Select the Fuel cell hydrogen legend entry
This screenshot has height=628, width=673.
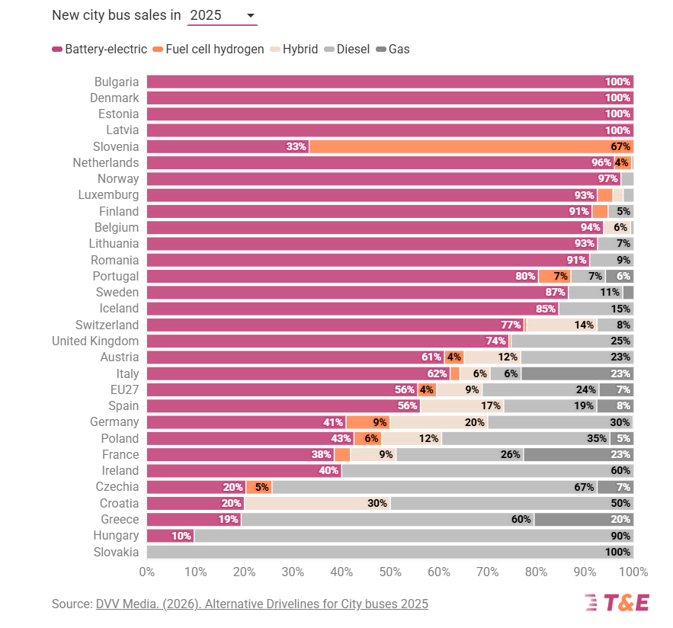pos(208,50)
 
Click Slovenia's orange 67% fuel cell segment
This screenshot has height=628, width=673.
pos(471,146)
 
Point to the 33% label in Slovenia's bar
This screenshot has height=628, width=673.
pos(296,146)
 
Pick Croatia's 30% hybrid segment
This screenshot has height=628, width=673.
pos(317,503)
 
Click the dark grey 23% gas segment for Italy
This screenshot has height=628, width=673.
pos(577,373)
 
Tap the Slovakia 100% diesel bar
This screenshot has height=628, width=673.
pos(389,552)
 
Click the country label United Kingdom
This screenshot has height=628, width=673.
pos(95,341)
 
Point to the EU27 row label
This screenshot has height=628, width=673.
pos(123,389)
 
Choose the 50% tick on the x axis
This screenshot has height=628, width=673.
pos(390,572)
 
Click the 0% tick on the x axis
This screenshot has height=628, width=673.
pos(146,572)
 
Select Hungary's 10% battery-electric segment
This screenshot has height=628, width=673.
pos(170,536)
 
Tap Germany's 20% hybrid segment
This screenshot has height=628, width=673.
pos(438,422)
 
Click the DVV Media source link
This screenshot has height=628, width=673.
pos(261,604)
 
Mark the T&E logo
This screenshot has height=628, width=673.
pos(617,603)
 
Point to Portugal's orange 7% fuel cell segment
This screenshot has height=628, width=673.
pos(554,276)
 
